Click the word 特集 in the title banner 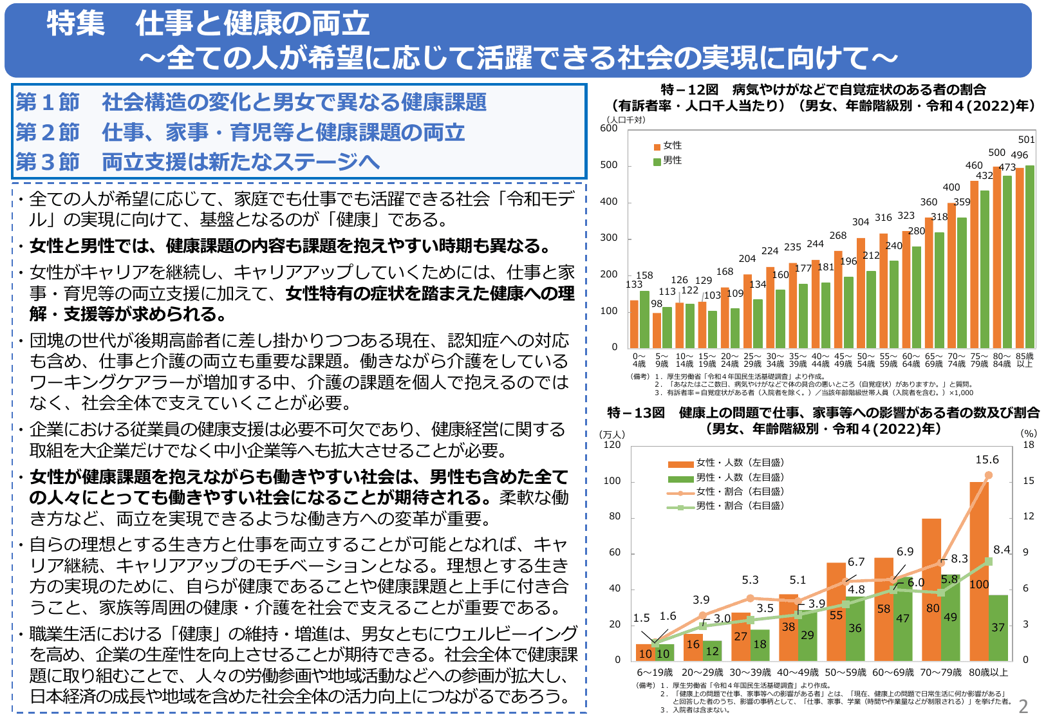(75, 24)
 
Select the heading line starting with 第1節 (251, 102)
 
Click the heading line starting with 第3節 (198, 162)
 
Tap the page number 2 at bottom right (1023, 707)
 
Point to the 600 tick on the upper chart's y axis (609, 128)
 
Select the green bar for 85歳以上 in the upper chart (1030, 257)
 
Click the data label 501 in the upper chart (1027, 140)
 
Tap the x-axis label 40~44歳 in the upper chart (821, 360)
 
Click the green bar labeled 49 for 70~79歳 (950, 618)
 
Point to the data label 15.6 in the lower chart (987, 459)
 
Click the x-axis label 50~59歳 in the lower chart (845, 673)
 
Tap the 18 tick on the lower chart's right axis (1029, 445)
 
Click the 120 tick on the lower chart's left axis (612, 445)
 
